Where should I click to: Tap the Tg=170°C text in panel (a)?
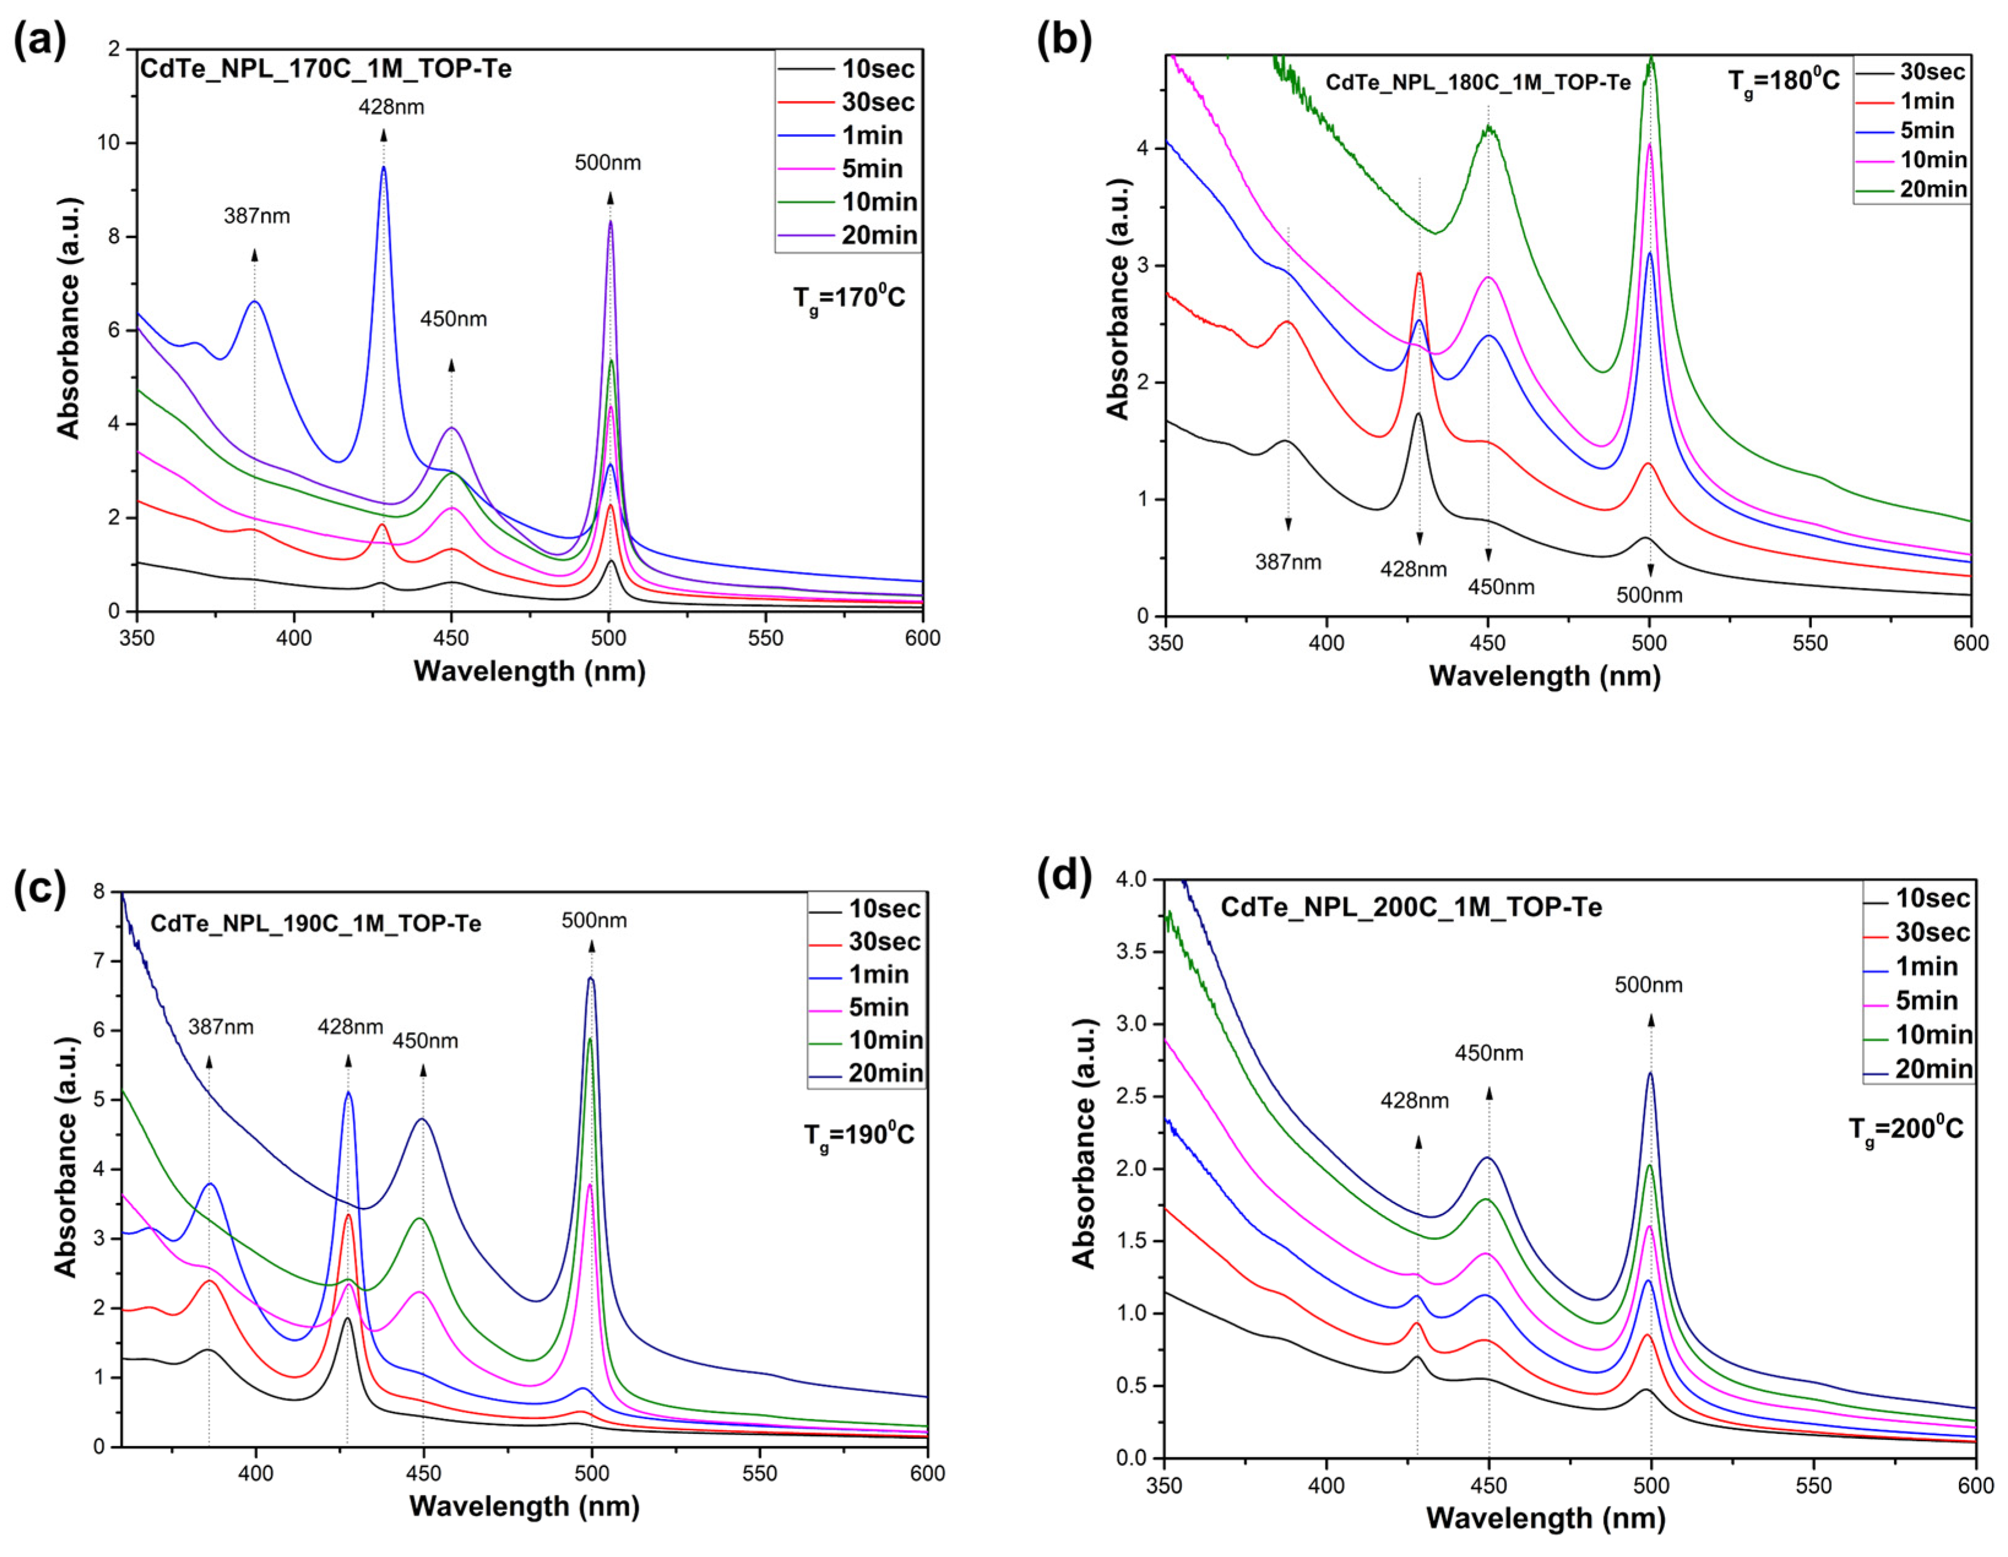tap(849, 298)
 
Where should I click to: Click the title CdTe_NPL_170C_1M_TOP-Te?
tap(325, 69)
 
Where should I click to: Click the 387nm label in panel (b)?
tap(1287, 562)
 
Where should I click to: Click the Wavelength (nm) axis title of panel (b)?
tap(1545, 676)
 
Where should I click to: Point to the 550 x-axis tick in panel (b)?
tap(1809, 643)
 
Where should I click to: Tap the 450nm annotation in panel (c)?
tap(425, 1041)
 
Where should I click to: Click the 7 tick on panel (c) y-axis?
tap(99, 962)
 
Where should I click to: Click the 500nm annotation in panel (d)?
tap(1648, 986)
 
